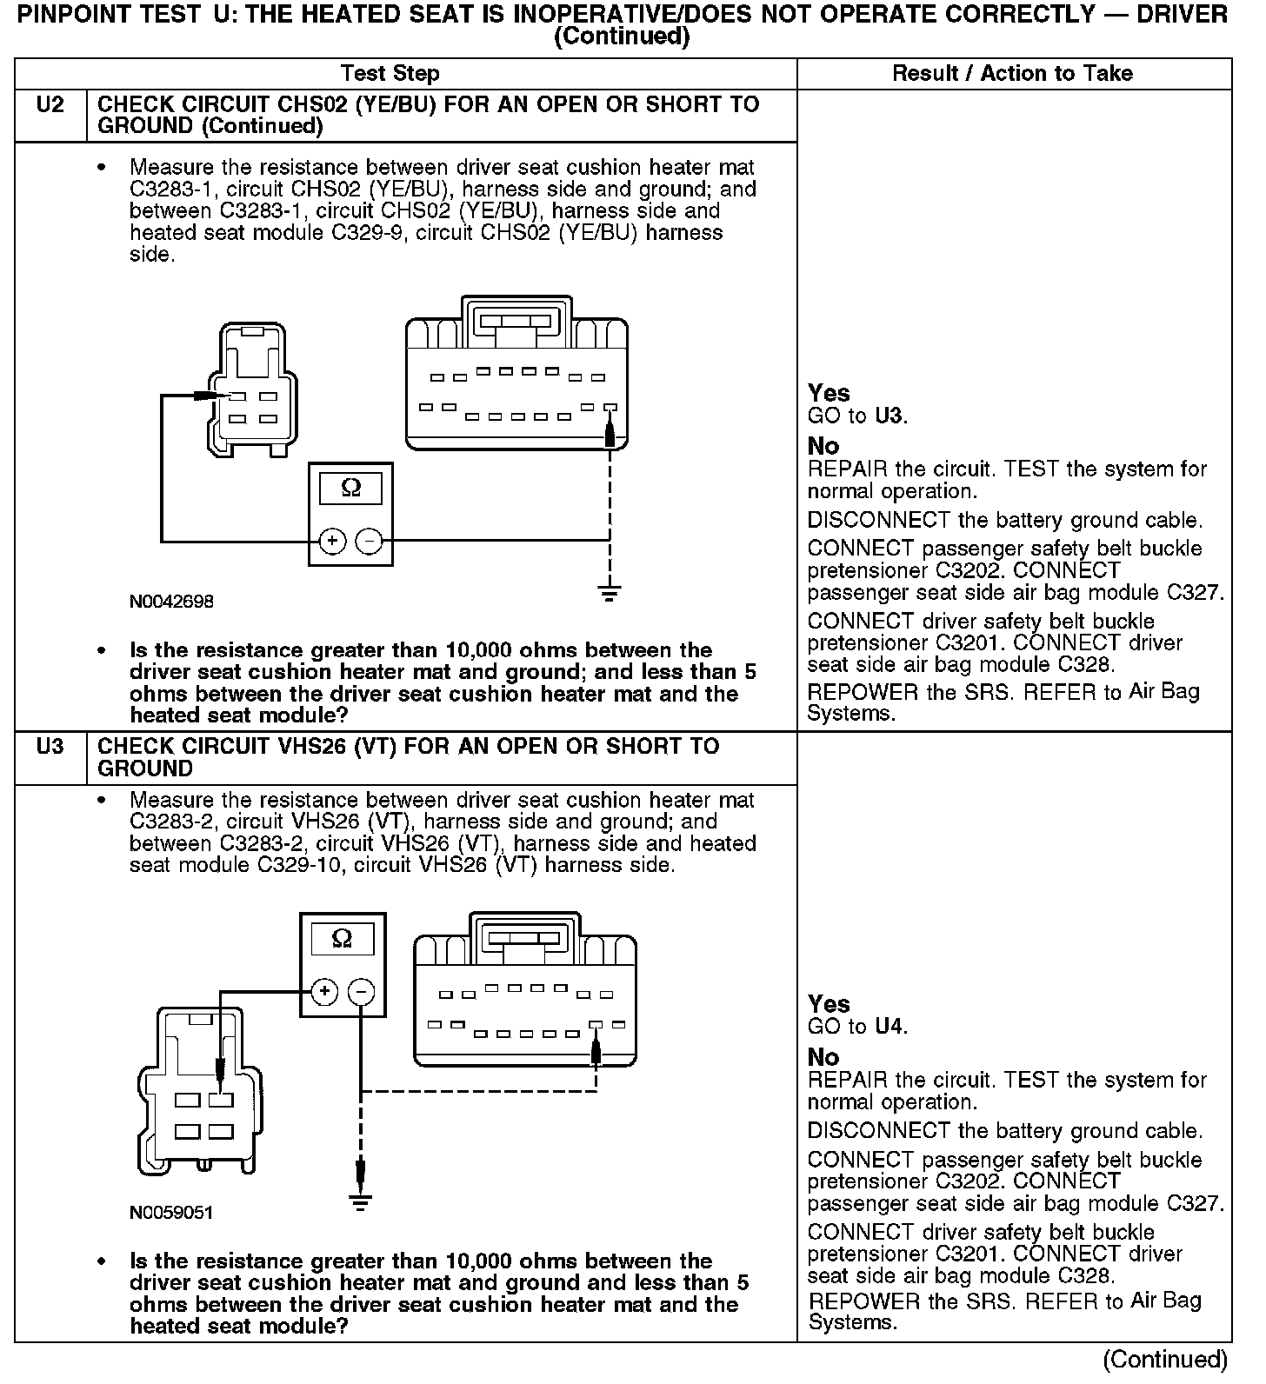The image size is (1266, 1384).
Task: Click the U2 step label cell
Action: point(50,106)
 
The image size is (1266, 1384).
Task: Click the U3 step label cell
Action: point(50,748)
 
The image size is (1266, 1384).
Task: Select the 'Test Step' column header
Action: point(390,74)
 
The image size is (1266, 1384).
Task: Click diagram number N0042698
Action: point(171,602)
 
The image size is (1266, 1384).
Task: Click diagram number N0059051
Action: point(171,1213)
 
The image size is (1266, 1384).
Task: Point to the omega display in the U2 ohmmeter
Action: point(350,488)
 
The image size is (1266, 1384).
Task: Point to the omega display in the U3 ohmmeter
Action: point(343,939)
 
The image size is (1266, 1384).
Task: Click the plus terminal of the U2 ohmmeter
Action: point(331,542)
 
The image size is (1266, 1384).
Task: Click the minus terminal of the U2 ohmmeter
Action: point(370,542)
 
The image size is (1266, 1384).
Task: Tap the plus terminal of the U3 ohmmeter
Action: point(323,991)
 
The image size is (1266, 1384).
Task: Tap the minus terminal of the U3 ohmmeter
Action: point(361,991)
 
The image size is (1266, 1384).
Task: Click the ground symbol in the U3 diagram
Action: point(360,1203)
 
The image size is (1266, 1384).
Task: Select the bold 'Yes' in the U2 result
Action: point(829,393)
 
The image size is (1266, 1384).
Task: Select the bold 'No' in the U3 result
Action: point(823,1057)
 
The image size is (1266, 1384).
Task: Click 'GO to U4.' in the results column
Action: point(857,1027)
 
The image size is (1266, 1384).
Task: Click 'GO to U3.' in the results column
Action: point(857,416)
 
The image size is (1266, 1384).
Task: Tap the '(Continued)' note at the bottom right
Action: point(1165,1359)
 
